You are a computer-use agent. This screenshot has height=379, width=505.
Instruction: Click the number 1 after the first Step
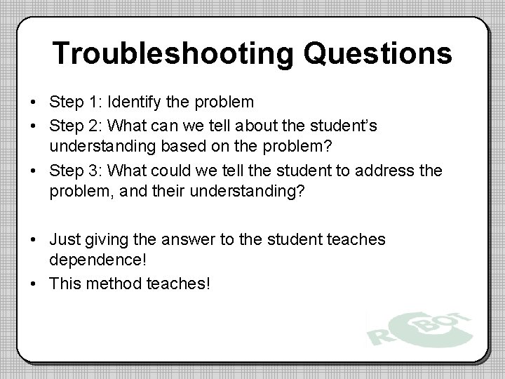95,102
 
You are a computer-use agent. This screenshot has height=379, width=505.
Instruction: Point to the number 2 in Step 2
95,126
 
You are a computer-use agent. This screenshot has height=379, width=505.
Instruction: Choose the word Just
65,240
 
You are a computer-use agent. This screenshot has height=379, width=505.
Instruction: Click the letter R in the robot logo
382,331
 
